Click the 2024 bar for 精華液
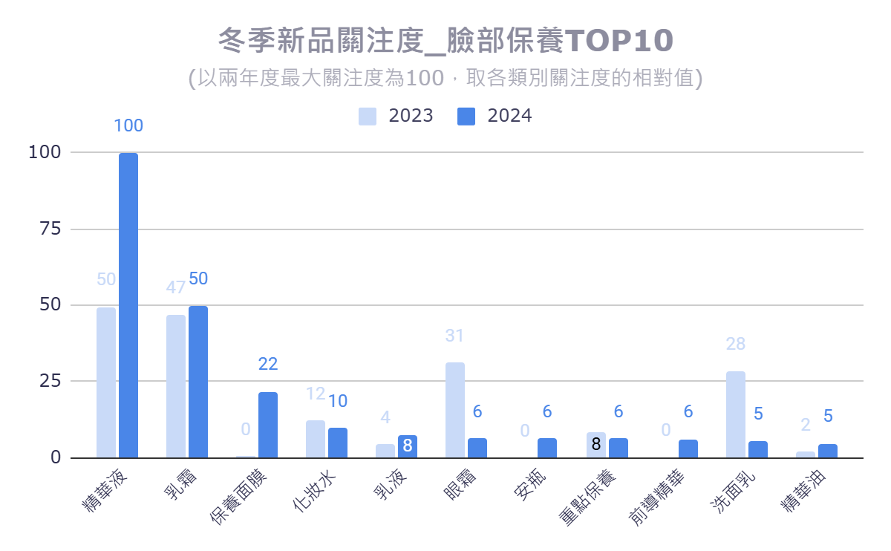tap(128, 304)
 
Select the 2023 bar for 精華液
tap(106, 382)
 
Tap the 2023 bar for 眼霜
tap(455, 409)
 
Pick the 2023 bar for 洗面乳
tap(736, 414)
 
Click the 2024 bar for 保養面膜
tap(268, 424)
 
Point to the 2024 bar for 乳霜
tap(198, 381)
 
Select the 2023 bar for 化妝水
tap(316, 438)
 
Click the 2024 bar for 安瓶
tap(547, 447)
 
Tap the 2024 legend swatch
tap(466, 117)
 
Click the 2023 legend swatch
tap(368, 117)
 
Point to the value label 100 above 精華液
tap(128, 126)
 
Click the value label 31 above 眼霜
tap(454, 336)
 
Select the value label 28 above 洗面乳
tap(736, 345)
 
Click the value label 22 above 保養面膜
tap(268, 365)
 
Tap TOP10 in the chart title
tap(619, 42)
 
